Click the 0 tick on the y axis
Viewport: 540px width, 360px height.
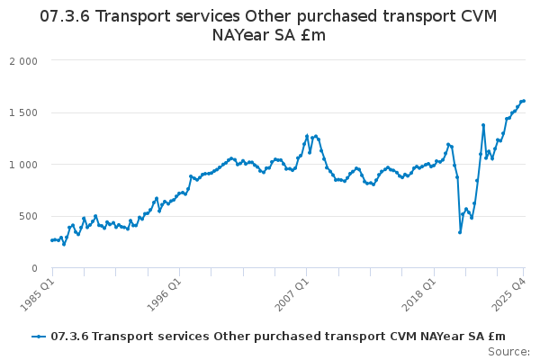point(34,268)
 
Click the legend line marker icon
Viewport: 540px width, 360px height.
point(39,337)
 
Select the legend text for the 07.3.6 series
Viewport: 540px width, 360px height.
point(278,337)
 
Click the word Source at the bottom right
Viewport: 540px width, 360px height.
point(508,352)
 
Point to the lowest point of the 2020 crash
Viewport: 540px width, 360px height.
point(460,232)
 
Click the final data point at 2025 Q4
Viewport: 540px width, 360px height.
point(524,101)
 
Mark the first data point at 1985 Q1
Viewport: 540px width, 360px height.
point(52,240)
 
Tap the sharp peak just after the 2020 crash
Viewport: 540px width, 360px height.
point(483,125)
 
